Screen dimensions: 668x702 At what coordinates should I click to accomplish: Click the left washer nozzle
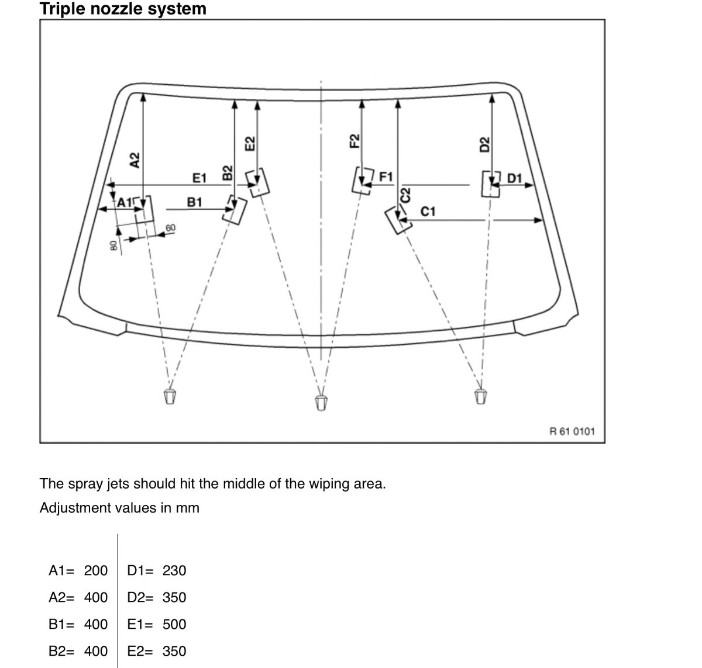[x=170, y=396]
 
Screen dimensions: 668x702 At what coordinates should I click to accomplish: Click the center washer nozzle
[x=321, y=402]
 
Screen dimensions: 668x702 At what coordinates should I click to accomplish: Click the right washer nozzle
[x=480, y=396]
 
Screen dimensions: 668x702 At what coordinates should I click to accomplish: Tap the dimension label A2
[x=135, y=160]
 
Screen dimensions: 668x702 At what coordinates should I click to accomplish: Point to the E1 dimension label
[x=200, y=177]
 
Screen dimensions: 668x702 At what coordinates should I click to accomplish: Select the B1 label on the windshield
[x=195, y=202]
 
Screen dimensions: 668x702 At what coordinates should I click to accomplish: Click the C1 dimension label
[x=428, y=211]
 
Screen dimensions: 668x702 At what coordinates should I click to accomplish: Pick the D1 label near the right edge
[x=515, y=178]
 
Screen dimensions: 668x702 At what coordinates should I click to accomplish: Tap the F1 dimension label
[x=387, y=176]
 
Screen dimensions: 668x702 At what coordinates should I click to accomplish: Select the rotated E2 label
[x=250, y=144]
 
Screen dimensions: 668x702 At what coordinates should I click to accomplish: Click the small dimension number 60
[x=170, y=227]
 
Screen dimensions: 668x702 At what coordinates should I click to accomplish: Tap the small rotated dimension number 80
[x=113, y=245]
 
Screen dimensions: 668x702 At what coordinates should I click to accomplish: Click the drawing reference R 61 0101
[x=572, y=431]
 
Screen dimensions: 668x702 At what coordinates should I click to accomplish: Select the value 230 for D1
[x=174, y=570]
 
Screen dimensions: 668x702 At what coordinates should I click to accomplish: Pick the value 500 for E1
[x=174, y=624]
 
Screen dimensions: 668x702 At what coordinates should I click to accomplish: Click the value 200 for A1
[x=96, y=570]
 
